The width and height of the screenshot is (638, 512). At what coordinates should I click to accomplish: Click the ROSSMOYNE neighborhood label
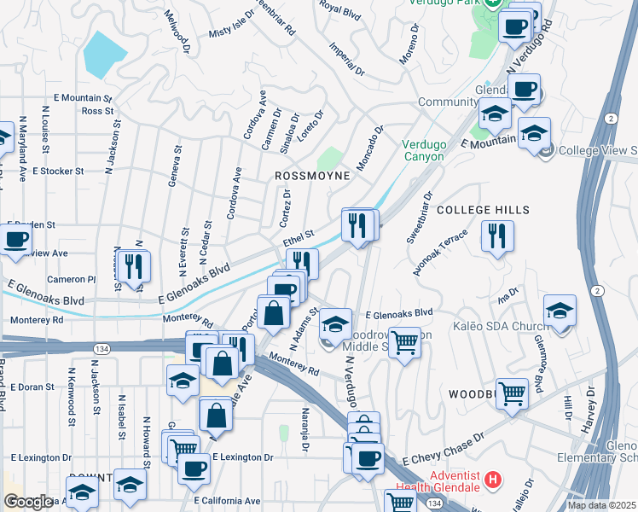(x=312, y=175)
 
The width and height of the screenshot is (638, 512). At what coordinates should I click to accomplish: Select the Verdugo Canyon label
(x=424, y=150)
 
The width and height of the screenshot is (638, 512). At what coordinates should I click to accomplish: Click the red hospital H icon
(x=491, y=480)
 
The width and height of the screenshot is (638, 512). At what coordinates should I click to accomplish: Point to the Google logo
(x=28, y=502)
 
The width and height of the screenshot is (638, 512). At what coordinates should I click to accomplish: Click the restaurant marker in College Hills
(x=497, y=236)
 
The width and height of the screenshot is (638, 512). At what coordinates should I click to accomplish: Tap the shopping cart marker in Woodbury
(x=511, y=394)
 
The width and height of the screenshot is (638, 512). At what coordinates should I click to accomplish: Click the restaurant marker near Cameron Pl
(x=134, y=265)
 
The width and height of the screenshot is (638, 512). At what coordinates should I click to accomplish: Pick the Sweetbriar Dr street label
(x=420, y=217)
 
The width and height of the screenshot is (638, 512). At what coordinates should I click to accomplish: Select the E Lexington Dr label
(x=242, y=457)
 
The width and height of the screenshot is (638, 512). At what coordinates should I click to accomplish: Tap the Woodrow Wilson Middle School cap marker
(x=336, y=324)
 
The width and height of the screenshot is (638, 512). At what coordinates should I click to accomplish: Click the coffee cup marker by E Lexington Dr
(x=194, y=467)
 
